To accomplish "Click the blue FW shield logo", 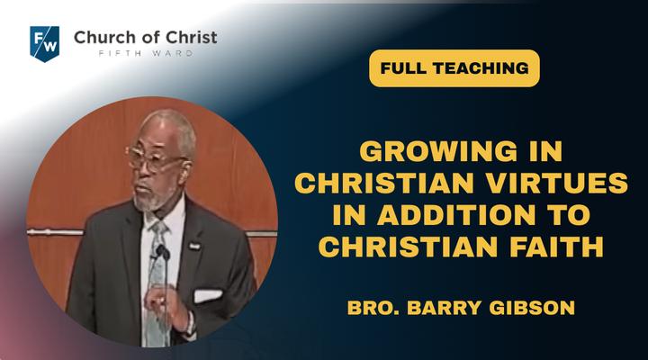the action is click(45, 43).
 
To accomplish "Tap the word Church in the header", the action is click(101, 37).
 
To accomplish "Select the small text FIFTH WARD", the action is click(146, 53).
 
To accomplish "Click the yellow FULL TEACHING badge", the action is click(454, 68).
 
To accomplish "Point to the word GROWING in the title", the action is click(438, 151).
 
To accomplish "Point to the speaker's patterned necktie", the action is click(157, 281).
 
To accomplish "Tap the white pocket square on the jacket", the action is click(208, 295).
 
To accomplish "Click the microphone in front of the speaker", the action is click(162, 251).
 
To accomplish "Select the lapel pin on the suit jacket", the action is click(194, 246).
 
